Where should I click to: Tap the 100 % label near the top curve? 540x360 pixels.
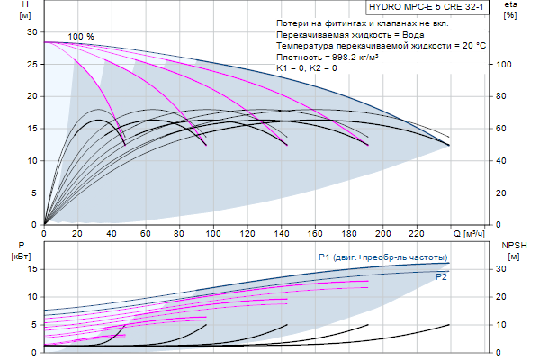[x=81, y=36]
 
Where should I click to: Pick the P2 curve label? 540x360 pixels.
[x=442, y=277]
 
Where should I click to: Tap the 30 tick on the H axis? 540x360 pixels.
[x=32, y=31]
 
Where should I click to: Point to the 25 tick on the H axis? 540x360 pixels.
[x=32, y=64]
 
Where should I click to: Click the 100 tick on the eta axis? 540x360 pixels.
[x=505, y=64]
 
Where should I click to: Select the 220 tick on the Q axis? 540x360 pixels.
[x=416, y=234]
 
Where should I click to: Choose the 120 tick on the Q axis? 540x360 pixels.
[x=247, y=234]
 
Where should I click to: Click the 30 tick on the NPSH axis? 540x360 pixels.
[x=505, y=268]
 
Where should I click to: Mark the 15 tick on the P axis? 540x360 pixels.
[x=32, y=268]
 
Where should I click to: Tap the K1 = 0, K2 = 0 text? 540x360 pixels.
[x=308, y=67]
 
